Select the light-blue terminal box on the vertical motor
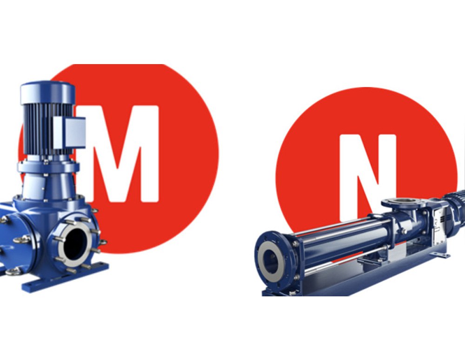(70, 132)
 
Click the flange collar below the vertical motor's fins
(47, 166)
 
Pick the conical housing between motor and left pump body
(47, 187)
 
